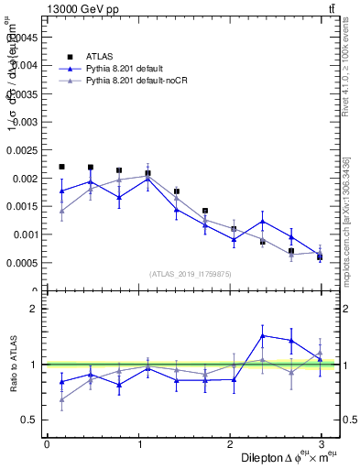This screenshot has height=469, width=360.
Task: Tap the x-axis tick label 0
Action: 47,444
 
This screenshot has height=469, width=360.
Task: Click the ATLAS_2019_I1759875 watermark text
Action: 191,273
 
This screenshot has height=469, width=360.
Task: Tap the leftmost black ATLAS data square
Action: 61,167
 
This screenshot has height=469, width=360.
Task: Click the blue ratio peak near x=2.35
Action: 263,335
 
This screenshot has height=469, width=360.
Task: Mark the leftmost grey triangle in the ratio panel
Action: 61,399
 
